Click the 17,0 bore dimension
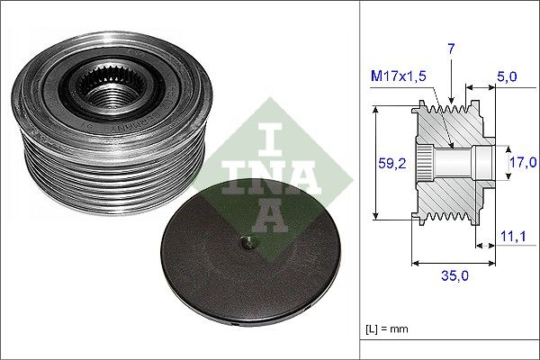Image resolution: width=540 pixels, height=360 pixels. tap(522, 163)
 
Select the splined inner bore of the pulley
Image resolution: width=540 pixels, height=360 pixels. tap(101, 90)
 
